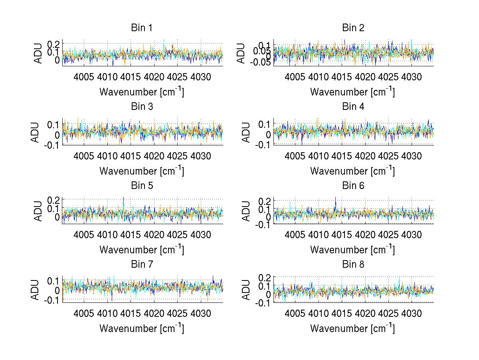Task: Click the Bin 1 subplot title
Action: click(142, 28)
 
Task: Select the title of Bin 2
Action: click(353, 28)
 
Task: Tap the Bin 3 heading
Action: click(142, 107)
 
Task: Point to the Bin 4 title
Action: click(353, 107)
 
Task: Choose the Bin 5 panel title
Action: click(142, 185)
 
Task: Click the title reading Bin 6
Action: click(353, 185)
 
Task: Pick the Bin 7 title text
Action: click(142, 264)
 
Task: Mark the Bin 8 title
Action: click(353, 264)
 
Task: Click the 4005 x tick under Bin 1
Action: click(84, 77)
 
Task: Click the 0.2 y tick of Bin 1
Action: click(55, 44)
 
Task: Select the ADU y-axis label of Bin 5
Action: click(38, 211)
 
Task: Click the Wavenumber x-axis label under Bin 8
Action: click(353, 328)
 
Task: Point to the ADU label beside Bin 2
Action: click(242, 53)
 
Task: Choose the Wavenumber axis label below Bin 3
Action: click(142, 171)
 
